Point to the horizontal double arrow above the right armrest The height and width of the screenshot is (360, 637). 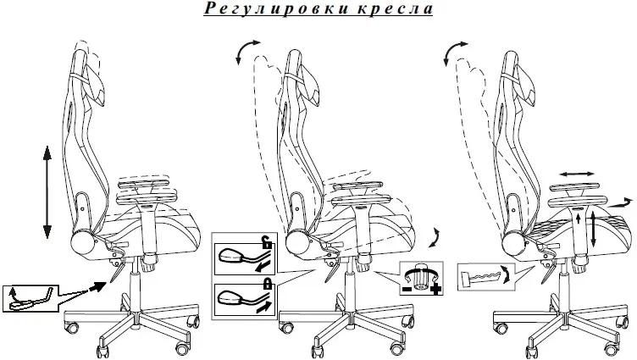(x=576, y=173)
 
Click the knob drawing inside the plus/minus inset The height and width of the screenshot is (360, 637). (x=421, y=276)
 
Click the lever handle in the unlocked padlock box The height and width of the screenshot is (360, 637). (x=235, y=255)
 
